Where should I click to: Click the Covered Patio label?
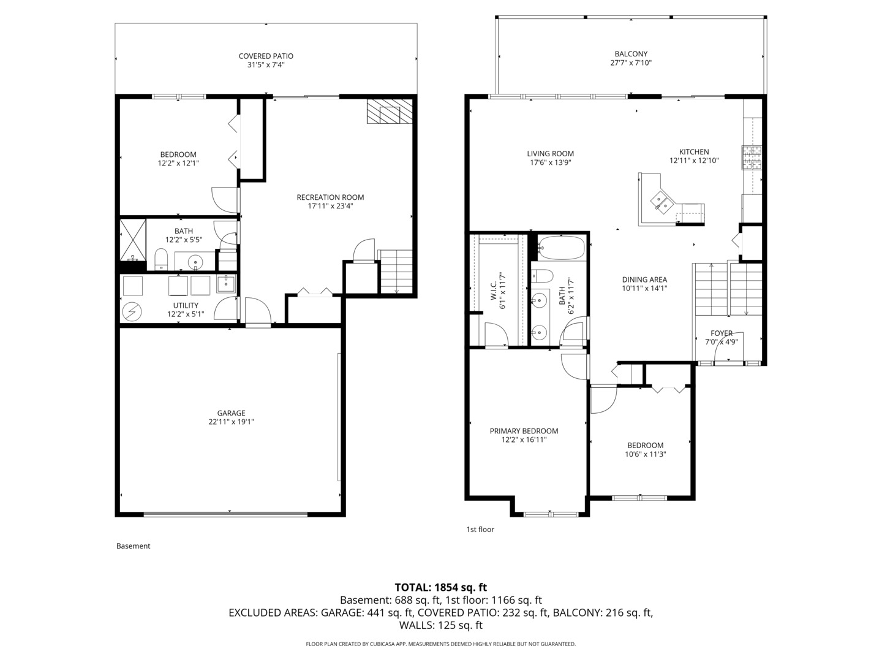click(x=266, y=56)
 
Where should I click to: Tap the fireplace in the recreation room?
click(x=390, y=112)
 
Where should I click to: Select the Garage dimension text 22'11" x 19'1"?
click(x=231, y=422)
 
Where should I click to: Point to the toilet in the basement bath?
click(x=161, y=259)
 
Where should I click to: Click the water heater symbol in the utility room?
click(x=132, y=312)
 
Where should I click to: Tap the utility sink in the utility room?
click(x=225, y=284)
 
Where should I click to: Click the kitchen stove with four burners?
click(x=752, y=158)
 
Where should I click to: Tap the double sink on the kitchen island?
click(x=661, y=201)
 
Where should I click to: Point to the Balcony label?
click(x=630, y=54)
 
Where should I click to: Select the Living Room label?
click(x=550, y=154)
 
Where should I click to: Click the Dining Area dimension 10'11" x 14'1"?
click(x=644, y=288)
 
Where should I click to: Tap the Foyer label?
click(x=722, y=333)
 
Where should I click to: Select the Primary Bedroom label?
click(x=524, y=431)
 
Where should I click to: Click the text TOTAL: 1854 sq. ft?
click(x=440, y=587)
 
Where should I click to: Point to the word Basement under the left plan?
click(x=133, y=546)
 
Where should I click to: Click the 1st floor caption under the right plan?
click(x=480, y=530)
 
